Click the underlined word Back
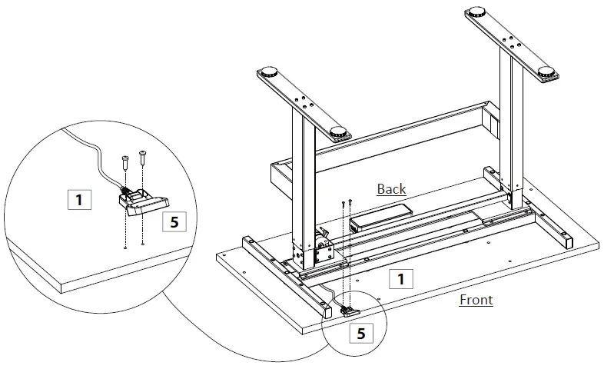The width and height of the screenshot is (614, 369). coord(391,188)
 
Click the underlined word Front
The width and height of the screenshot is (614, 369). coord(476,300)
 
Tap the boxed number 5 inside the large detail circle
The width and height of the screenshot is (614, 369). coord(174,222)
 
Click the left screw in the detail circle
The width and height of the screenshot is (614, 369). coord(125,164)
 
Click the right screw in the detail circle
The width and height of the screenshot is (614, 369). coord(143,159)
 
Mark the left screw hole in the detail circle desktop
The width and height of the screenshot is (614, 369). coord(125,248)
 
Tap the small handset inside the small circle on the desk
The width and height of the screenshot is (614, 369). coord(349,311)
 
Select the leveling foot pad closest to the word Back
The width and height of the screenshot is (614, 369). coord(339,131)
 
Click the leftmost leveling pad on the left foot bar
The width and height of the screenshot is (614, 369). coord(270,74)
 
